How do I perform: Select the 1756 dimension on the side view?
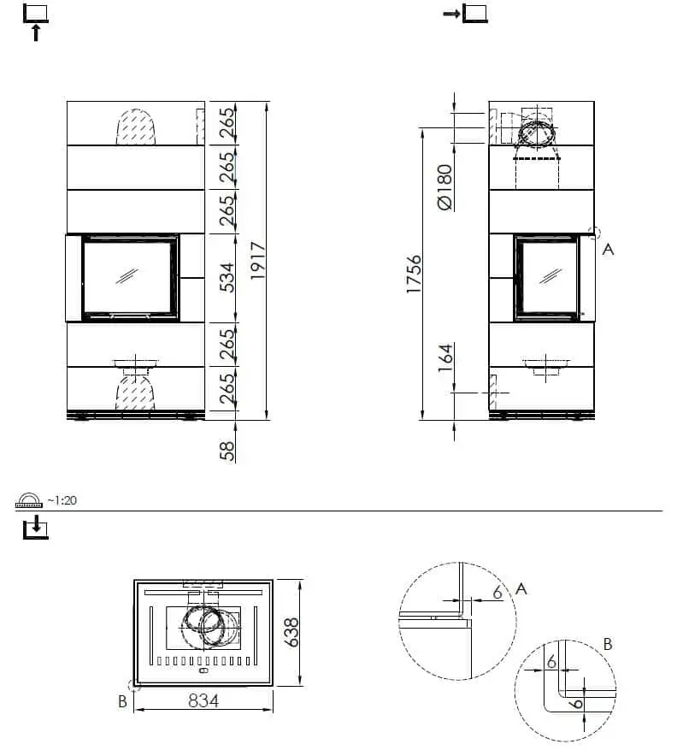click(414, 274)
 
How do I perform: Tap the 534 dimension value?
click(227, 278)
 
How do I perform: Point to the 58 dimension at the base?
click(227, 450)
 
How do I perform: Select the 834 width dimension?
click(203, 700)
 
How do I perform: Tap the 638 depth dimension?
click(292, 633)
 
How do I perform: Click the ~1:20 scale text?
click(62, 500)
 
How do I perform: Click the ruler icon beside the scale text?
click(30, 500)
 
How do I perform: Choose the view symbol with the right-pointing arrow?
click(466, 13)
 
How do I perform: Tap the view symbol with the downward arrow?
click(35, 528)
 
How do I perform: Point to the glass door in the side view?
click(547, 278)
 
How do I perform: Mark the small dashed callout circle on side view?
click(596, 232)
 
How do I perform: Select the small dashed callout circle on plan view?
click(132, 684)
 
